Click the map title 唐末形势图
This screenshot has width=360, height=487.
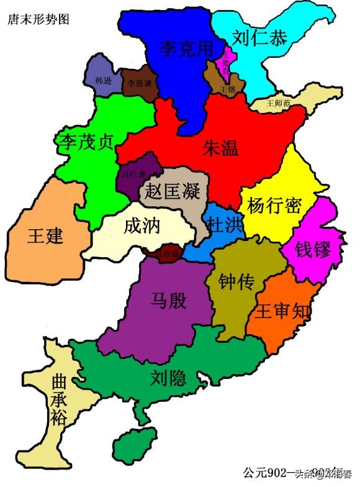(38, 19)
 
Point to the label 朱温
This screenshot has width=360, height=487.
(220, 147)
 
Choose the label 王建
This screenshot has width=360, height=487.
(46, 235)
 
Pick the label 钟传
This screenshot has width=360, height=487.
(237, 282)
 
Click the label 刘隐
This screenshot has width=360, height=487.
(168, 377)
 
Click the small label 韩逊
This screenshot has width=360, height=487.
(104, 81)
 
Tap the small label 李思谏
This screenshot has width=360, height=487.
(139, 82)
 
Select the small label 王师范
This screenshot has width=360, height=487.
(278, 103)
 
